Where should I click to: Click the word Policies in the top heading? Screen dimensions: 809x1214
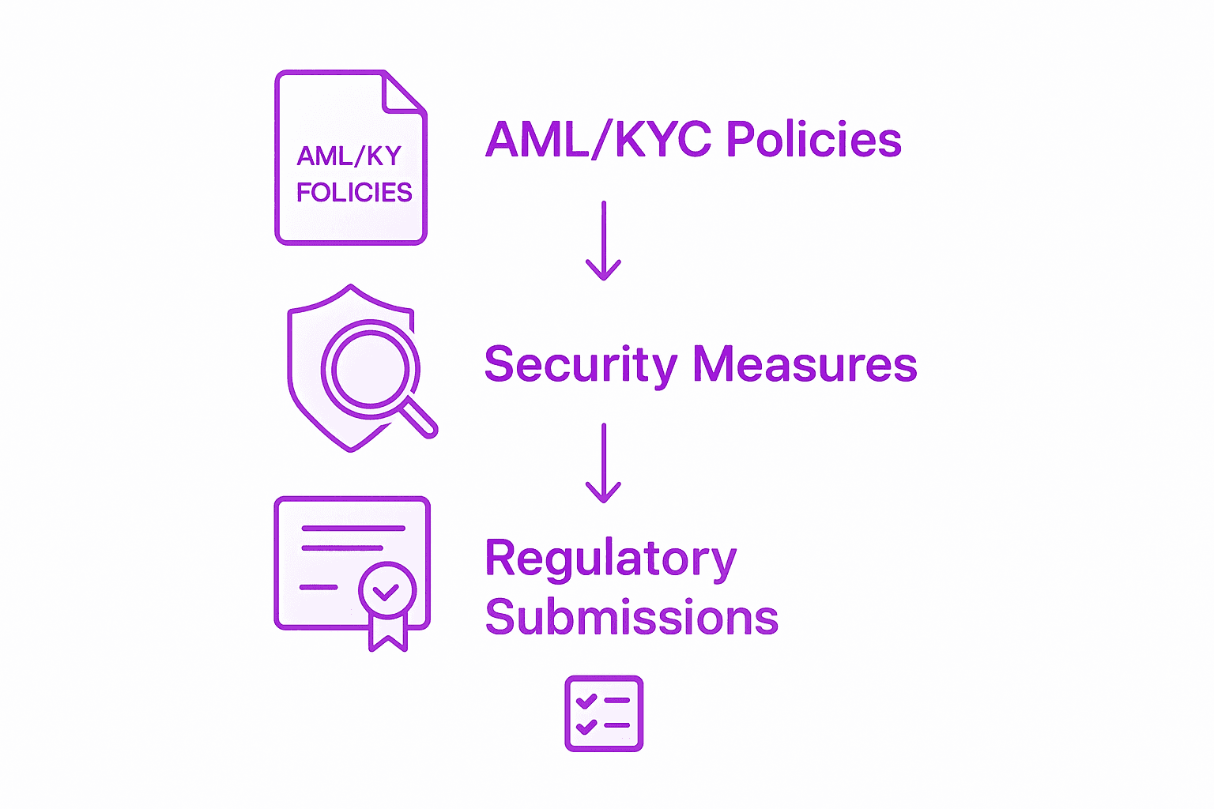(813, 140)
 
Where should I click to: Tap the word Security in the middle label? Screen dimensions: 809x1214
(580, 364)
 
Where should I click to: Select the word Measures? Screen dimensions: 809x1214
(805, 364)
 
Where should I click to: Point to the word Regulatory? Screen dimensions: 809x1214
(610, 559)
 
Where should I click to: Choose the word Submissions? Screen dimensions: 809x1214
(632, 617)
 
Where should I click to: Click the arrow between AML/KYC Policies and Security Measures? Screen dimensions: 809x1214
(604, 241)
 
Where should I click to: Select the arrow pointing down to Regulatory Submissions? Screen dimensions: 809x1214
(604, 464)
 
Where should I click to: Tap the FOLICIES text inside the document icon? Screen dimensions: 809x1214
(354, 192)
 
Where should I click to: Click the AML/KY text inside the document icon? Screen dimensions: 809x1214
(349, 156)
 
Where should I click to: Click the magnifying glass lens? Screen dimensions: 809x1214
(370, 369)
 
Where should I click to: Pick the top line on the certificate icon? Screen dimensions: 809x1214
(353, 528)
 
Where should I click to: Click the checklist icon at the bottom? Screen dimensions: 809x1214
(604, 713)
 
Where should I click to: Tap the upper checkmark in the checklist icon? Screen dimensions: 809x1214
(586, 700)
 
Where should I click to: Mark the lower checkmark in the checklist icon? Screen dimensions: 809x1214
(586, 725)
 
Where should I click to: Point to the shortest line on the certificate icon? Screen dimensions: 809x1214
(318, 587)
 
